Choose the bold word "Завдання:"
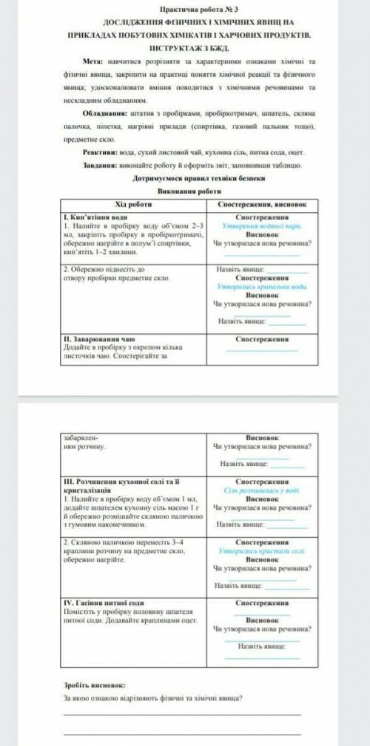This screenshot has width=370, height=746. tap(101, 165)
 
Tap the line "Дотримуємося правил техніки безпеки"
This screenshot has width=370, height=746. tap(189, 178)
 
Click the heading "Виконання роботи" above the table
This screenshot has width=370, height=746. tap(189, 191)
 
